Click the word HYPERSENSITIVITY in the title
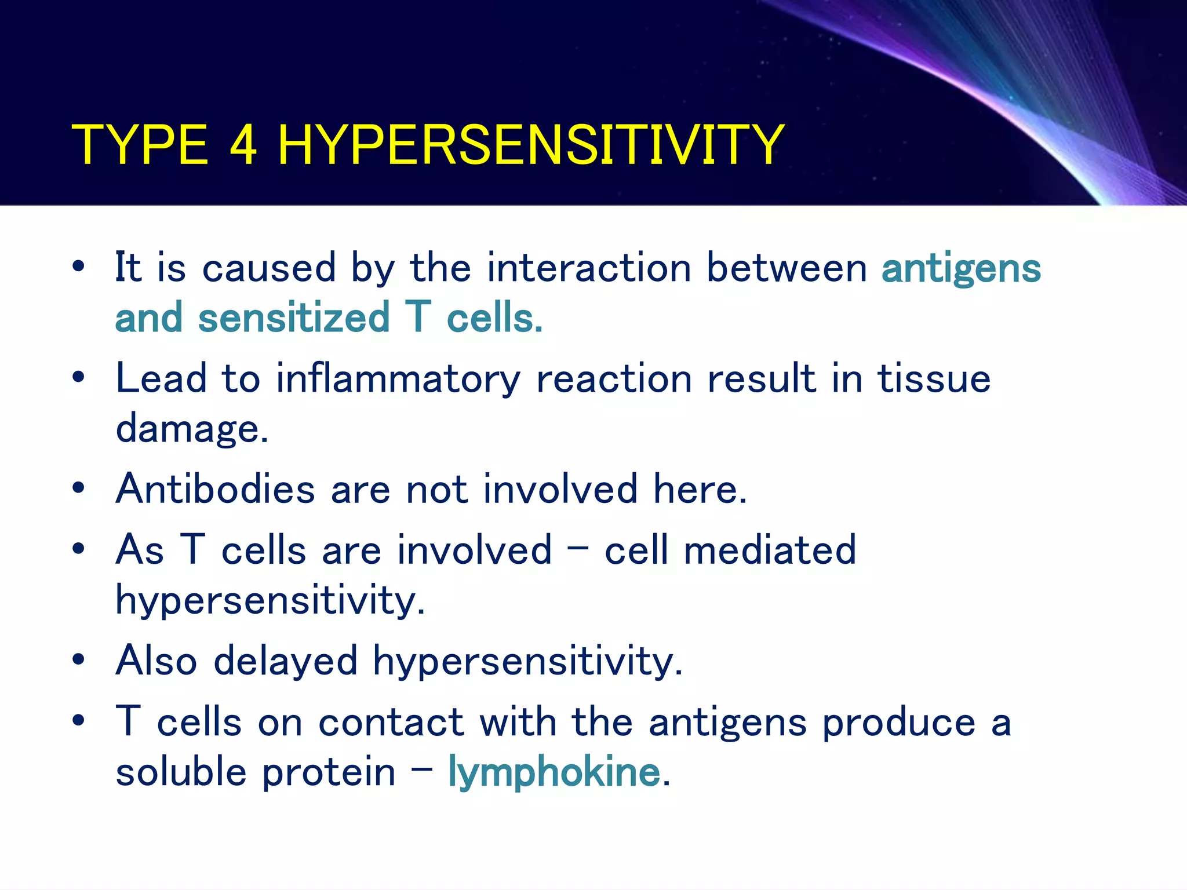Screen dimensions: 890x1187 (x=531, y=145)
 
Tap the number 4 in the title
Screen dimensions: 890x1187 (x=243, y=145)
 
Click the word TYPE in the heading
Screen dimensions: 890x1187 (x=139, y=145)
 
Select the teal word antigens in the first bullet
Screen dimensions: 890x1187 (x=961, y=269)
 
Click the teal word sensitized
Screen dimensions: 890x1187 (x=294, y=319)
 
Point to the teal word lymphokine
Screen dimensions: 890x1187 (x=554, y=773)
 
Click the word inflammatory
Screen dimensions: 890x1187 (x=398, y=380)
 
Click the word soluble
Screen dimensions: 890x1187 (x=181, y=773)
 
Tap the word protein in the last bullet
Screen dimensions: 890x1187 (x=329, y=773)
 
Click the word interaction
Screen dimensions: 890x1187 (x=589, y=268)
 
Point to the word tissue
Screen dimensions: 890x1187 (x=934, y=380)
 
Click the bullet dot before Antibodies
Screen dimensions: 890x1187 (x=79, y=488)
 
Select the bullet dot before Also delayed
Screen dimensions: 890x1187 (x=79, y=659)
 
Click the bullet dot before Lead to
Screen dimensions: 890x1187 (x=79, y=378)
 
